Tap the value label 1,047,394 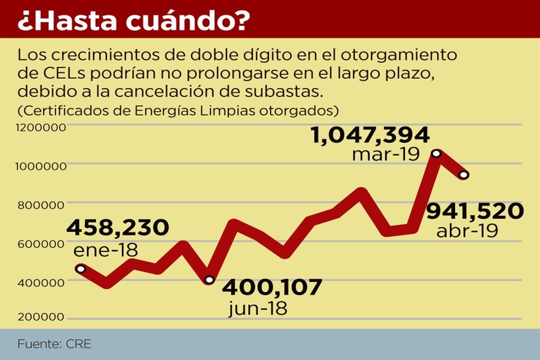click(x=370, y=135)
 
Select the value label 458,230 click(x=118, y=227)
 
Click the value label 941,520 click(x=475, y=211)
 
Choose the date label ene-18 click(x=106, y=250)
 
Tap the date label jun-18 click(x=258, y=308)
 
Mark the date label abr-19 click(x=467, y=231)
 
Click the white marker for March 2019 click(x=436, y=154)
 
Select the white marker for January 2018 click(x=80, y=269)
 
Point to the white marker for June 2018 click(x=209, y=280)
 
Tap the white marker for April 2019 click(x=463, y=175)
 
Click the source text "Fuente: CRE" click(x=54, y=343)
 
